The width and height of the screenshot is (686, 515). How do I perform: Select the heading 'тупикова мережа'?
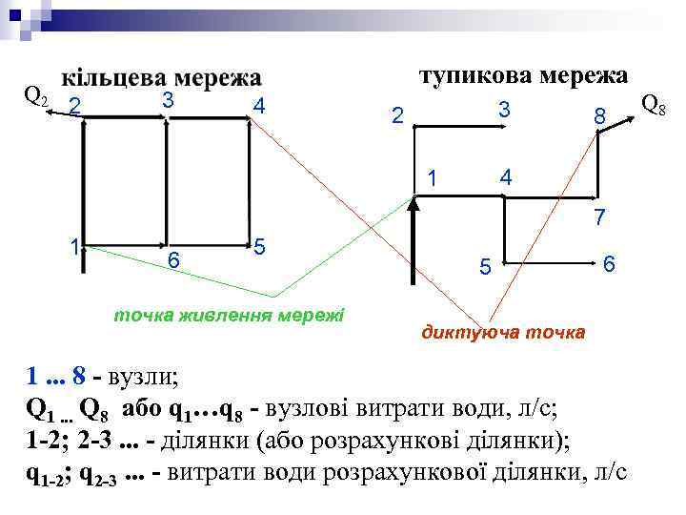coord(524,74)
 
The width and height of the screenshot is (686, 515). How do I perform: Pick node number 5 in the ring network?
coord(259,245)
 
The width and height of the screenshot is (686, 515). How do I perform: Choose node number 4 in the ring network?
coord(259,106)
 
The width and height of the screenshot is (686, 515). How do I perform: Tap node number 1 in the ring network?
coord(73,246)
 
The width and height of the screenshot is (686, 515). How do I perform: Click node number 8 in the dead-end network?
coord(599,116)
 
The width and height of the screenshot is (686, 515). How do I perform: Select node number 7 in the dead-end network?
coord(599,216)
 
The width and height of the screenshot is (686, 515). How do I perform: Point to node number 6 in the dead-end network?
coord(610,262)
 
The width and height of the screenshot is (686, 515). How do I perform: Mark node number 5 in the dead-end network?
coord(485,270)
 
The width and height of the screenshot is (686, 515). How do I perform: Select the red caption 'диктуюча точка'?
coord(504,333)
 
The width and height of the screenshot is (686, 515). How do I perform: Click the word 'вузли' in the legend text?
coord(144,376)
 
